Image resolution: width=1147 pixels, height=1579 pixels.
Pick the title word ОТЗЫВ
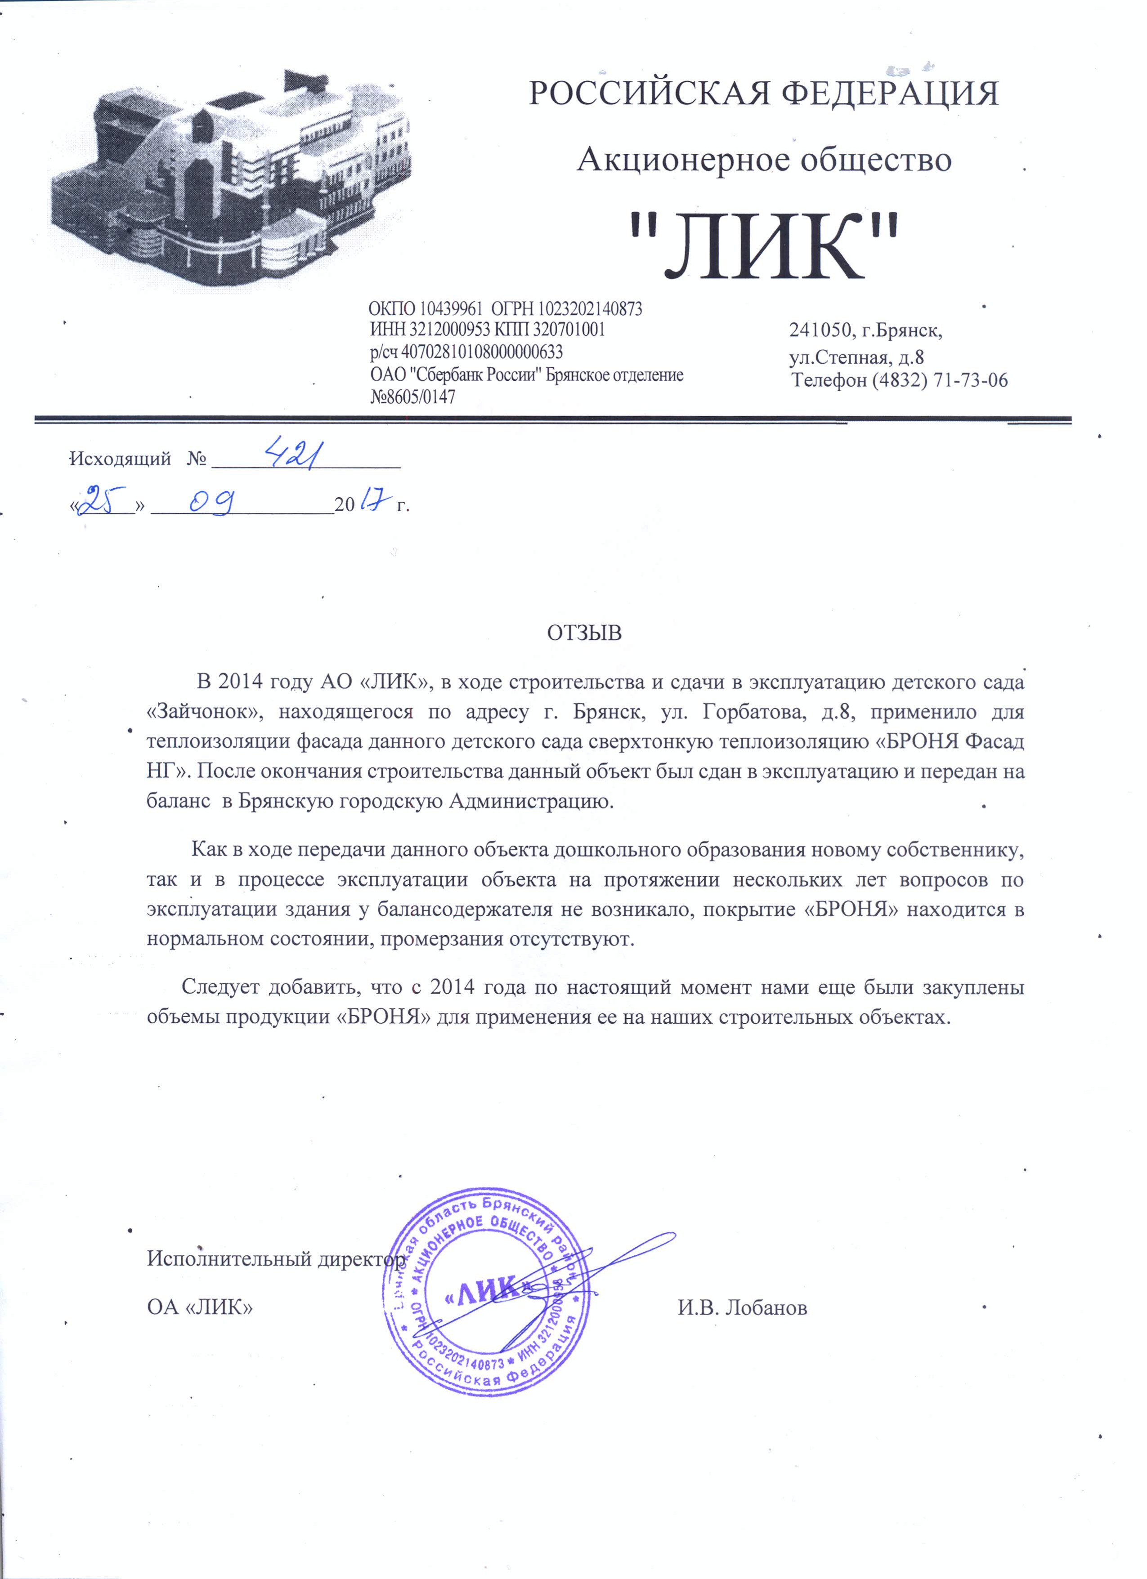(x=583, y=633)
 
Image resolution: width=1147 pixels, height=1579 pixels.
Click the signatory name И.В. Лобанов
(x=742, y=1307)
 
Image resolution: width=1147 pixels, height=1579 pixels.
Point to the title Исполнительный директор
(x=277, y=1259)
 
